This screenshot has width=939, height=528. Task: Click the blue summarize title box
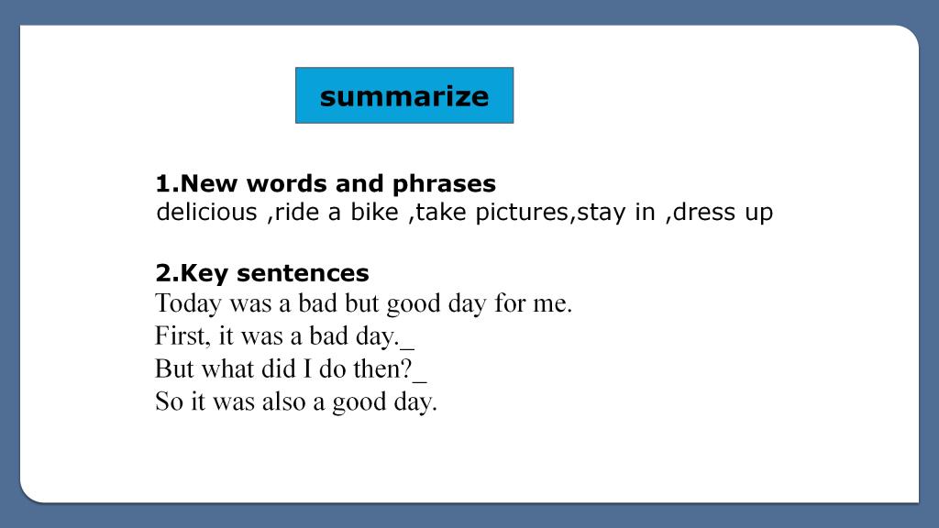404,95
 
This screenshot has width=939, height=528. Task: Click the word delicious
206,212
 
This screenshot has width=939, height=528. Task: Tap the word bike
374,212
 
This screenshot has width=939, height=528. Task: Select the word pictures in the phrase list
522,213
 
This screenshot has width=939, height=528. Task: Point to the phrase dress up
723,213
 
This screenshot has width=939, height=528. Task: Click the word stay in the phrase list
602,213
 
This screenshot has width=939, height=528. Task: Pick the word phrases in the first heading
444,184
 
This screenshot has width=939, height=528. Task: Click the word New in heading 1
210,183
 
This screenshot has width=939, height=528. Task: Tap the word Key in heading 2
204,274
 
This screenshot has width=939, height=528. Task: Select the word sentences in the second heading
303,273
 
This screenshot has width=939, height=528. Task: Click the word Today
188,303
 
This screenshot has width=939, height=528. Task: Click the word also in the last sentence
283,401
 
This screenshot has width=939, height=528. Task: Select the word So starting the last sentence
169,401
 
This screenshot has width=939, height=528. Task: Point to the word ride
297,212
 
